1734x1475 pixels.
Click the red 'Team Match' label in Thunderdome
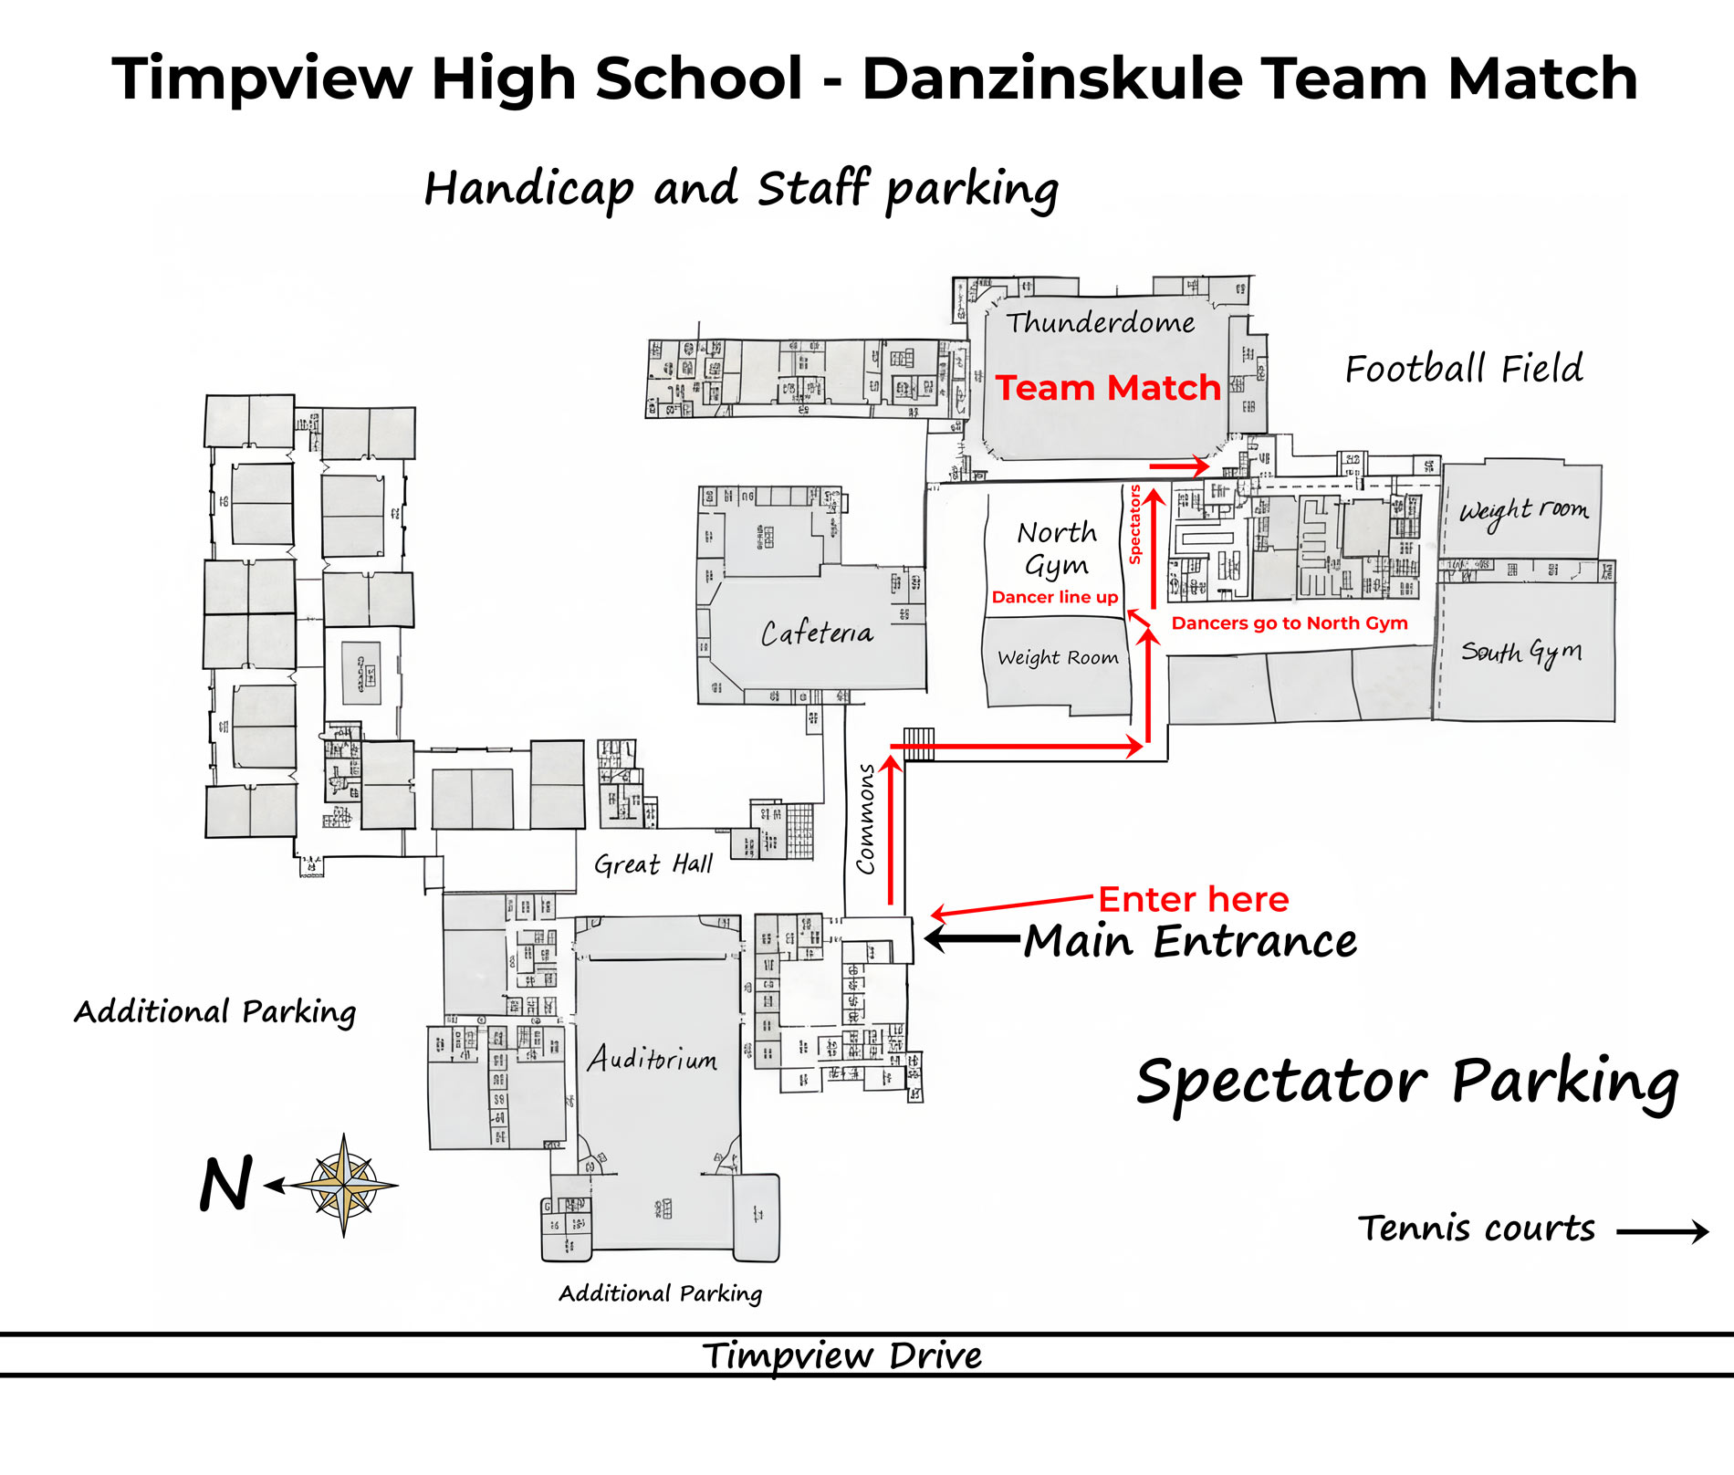(x=1107, y=388)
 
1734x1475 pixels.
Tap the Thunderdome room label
(x=1101, y=322)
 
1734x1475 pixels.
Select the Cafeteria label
(x=817, y=633)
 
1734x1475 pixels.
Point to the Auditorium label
(x=652, y=1059)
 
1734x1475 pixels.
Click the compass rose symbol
(x=344, y=1186)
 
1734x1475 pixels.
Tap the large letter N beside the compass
(x=225, y=1185)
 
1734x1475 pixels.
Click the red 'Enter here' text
(x=1193, y=900)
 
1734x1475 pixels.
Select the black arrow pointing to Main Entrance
(x=972, y=937)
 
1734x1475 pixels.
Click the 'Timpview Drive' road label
(x=841, y=1355)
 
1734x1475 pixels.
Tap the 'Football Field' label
(x=1464, y=369)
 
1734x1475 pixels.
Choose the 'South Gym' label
(x=1521, y=652)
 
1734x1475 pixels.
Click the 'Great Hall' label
(x=653, y=863)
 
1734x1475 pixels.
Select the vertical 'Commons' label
(x=865, y=819)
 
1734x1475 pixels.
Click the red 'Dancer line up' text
(x=1055, y=598)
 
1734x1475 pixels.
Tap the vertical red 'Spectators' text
(x=1135, y=525)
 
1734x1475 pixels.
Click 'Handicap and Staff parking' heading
(x=741, y=189)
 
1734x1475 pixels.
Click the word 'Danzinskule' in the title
(x=1053, y=78)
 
